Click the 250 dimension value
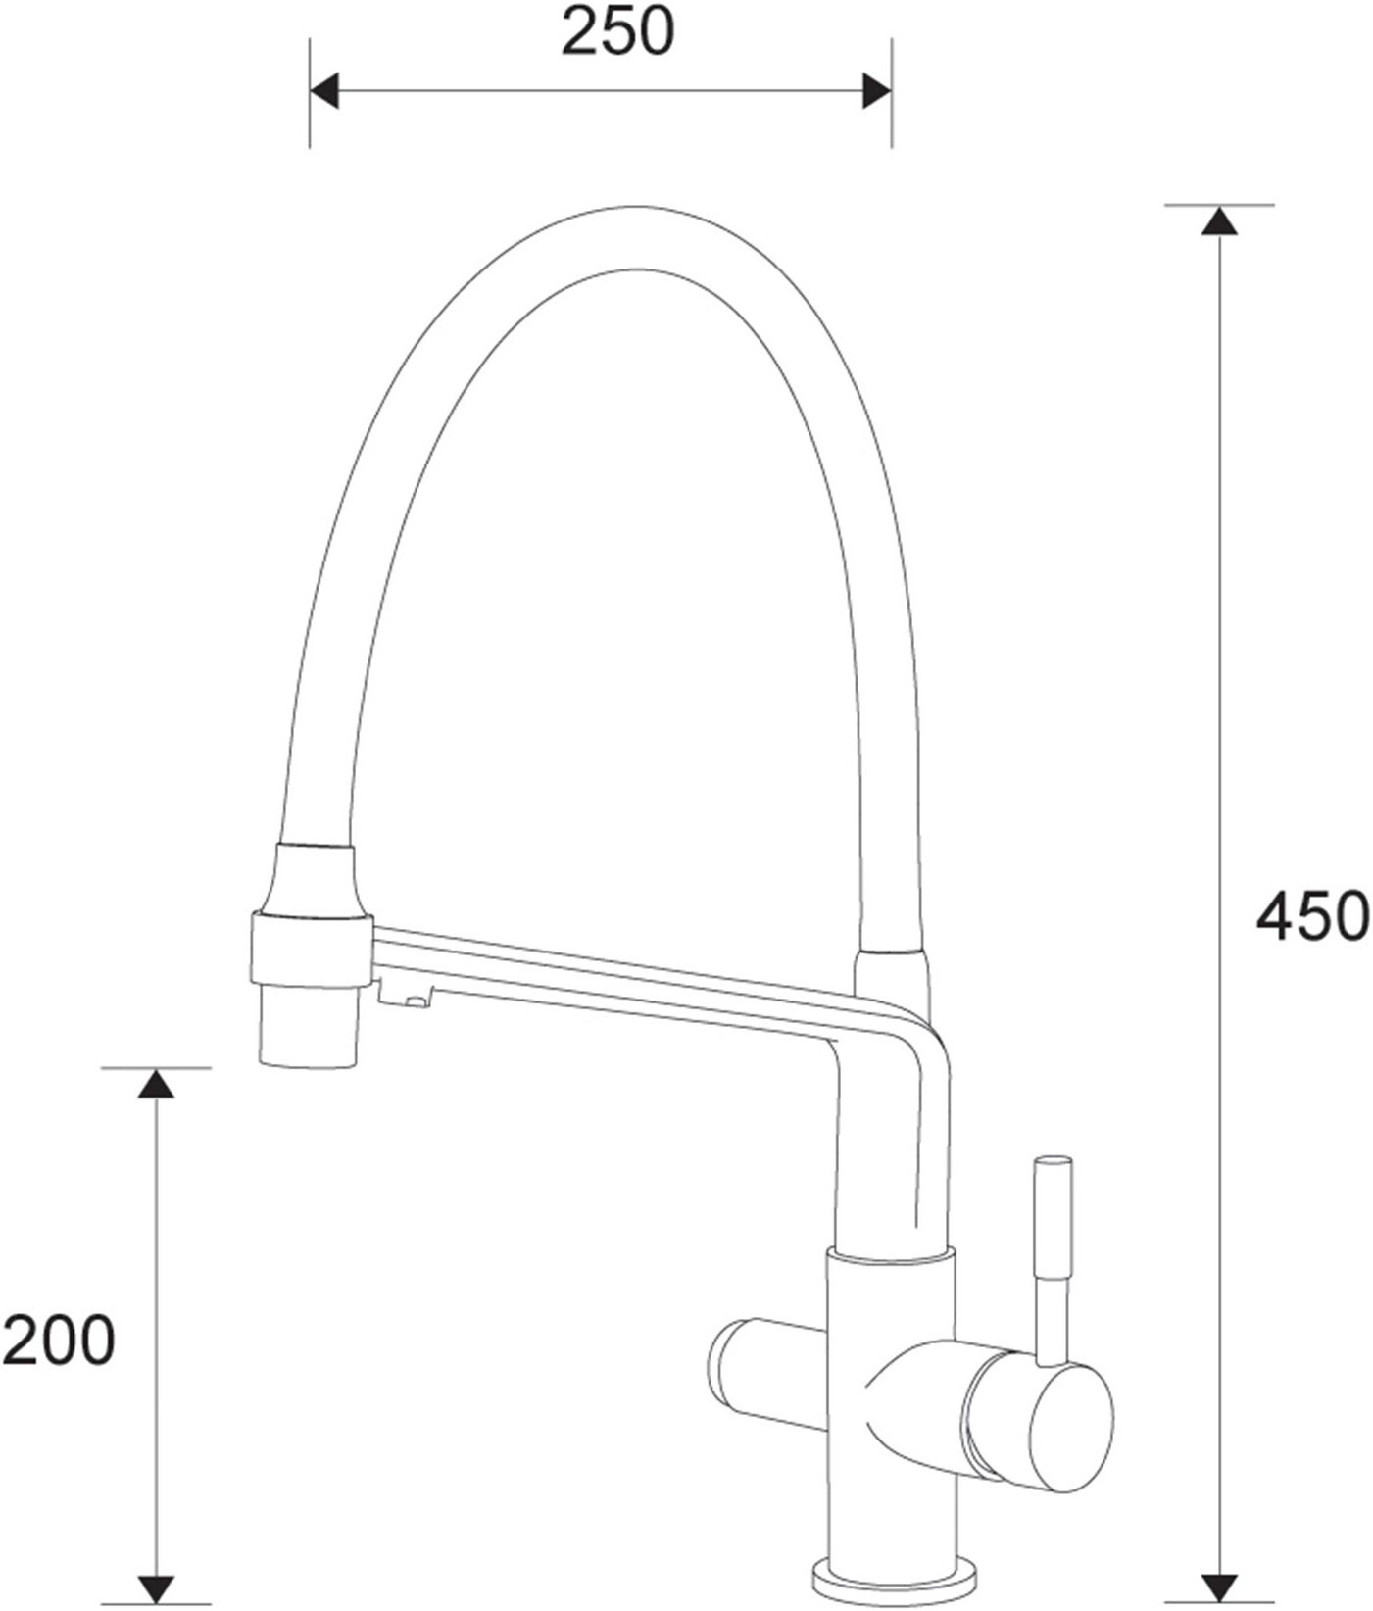click(617, 33)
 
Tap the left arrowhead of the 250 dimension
click(324, 91)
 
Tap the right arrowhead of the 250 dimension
click(876, 91)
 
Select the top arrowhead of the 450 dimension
click(1219, 221)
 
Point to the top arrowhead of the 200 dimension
click(155, 1083)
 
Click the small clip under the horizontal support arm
click(405, 997)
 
